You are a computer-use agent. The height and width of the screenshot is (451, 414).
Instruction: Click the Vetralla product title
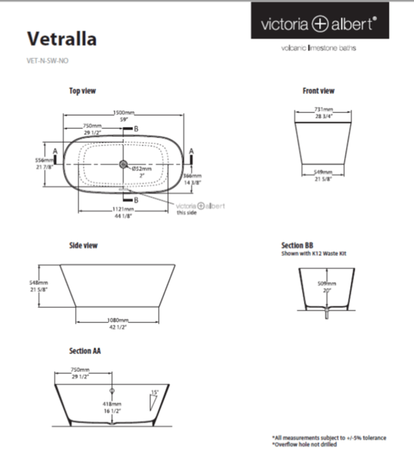pos(62,39)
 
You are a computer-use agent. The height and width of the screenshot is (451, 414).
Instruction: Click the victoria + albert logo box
pos(319,22)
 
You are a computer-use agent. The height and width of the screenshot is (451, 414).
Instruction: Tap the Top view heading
pos(82,90)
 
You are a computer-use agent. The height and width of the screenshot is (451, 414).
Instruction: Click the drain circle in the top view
pos(123,165)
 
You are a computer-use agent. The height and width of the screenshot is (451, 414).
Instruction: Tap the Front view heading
pos(318,90)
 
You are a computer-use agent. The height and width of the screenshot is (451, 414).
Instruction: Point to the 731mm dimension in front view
pos(323,110)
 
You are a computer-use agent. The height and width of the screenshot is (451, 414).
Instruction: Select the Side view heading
pos(83,245)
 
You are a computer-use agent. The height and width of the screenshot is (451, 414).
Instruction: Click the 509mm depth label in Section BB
pos(326,284)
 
